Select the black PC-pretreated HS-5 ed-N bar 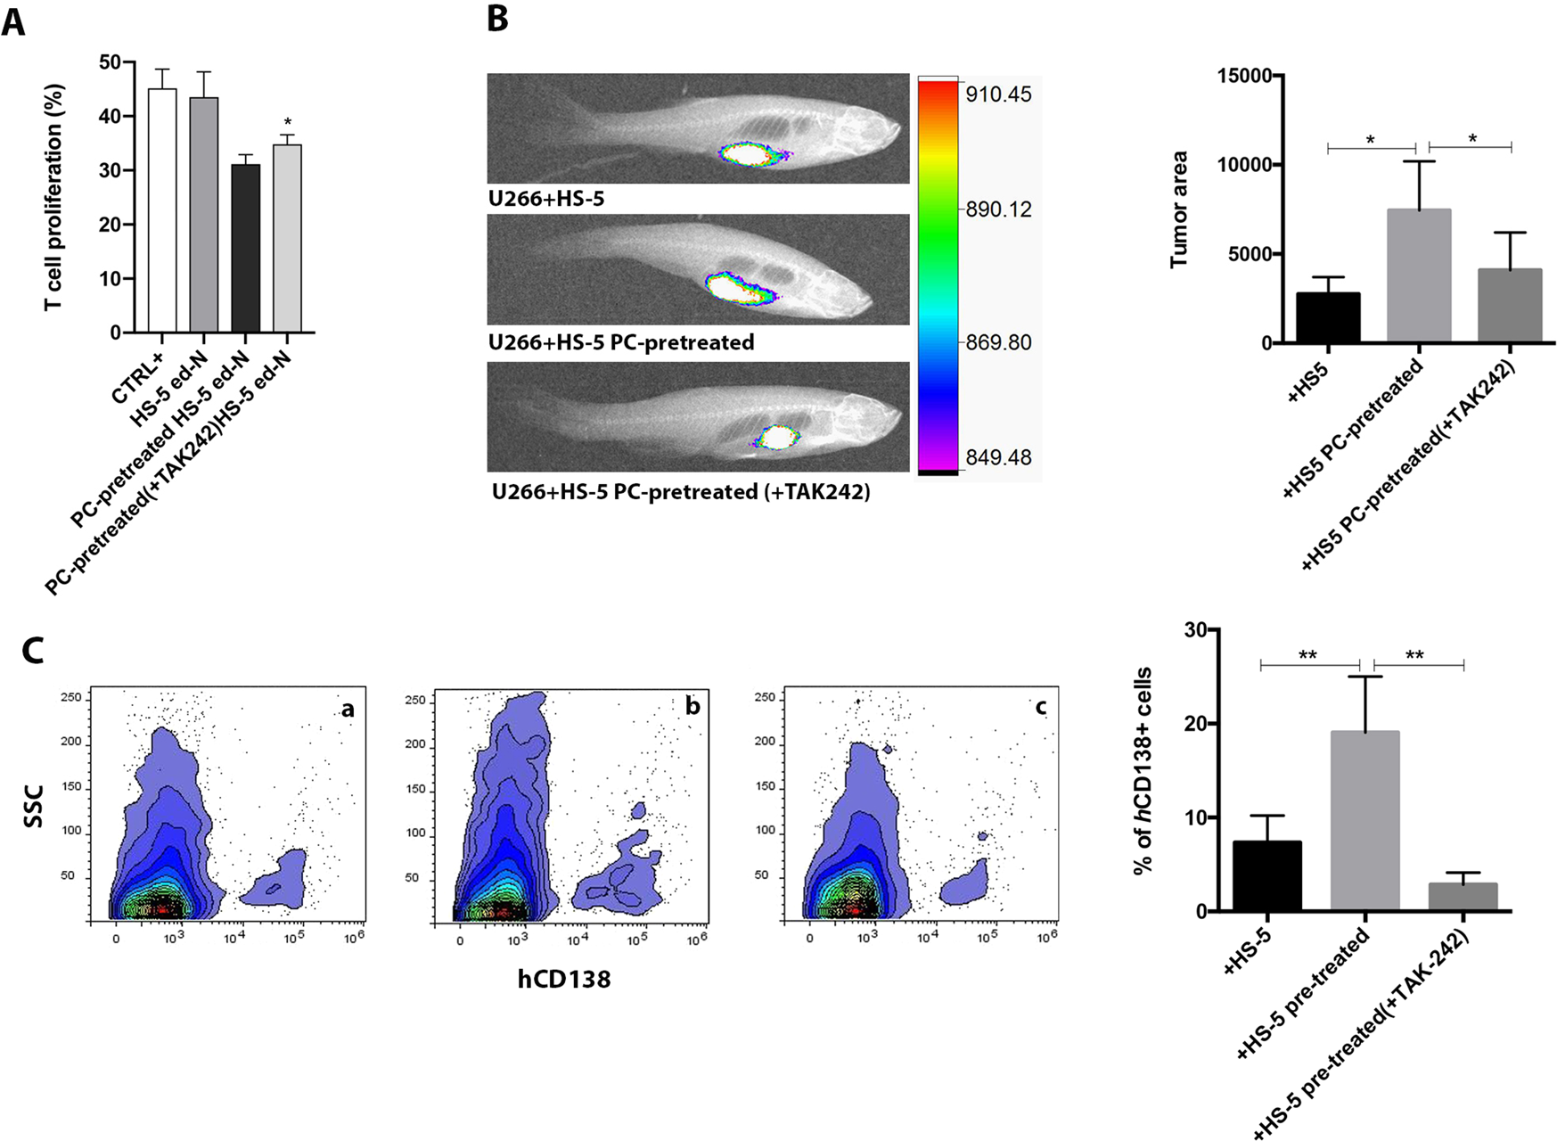245,249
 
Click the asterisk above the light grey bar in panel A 287,123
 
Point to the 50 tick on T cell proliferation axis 111,62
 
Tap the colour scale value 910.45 998,94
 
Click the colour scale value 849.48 998,457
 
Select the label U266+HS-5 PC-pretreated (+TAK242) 681,491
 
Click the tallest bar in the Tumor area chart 1419,275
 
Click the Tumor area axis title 1179,209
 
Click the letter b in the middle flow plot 692,707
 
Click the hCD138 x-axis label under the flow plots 563,979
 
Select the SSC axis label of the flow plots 34,805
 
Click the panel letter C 32,650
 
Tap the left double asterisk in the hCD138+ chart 1307,656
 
